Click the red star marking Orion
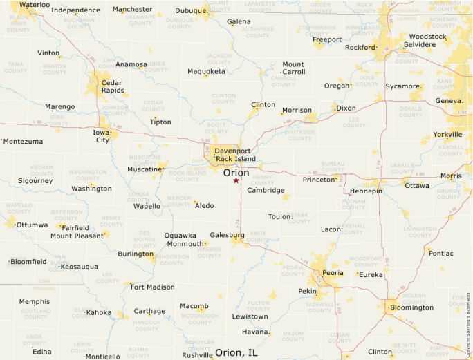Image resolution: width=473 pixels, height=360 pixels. pos(236,180)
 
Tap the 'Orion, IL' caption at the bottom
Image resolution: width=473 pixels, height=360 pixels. pos(236,352)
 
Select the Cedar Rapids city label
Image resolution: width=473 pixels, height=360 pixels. pos(113,86)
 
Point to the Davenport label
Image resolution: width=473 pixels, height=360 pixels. pos(232,151)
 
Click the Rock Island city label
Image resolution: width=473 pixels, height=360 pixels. pos(236,159)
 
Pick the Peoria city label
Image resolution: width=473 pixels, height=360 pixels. pos(333,273)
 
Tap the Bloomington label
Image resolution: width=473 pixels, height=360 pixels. pos(411,307)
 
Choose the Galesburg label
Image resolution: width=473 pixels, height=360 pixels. pos(227,234)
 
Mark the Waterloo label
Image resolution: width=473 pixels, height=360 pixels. pos(35,5)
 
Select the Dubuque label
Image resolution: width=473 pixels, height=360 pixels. pos(191,10)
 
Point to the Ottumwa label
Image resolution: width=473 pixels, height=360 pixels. pos(32,225)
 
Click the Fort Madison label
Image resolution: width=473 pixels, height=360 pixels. pos(152,287)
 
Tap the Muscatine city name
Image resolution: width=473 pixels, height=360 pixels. pos(144,169)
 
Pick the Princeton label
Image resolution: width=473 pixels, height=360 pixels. pos(319,180)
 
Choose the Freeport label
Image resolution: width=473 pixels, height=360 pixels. pos(327,39)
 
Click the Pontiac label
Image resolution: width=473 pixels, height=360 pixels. pos(441,253)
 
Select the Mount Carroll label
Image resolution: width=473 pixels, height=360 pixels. pos(293,68)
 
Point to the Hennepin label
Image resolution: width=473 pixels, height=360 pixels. pos(366,191)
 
